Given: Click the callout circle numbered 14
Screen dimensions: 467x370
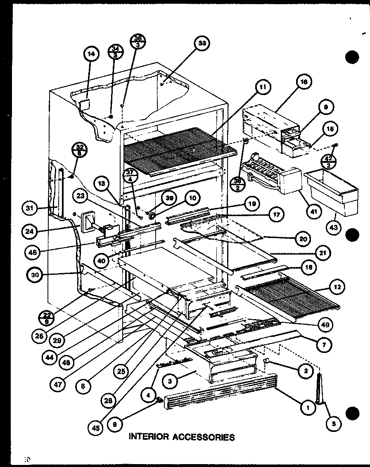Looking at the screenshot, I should (91, 54).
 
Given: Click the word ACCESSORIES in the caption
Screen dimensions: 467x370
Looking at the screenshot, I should (200, 437).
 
